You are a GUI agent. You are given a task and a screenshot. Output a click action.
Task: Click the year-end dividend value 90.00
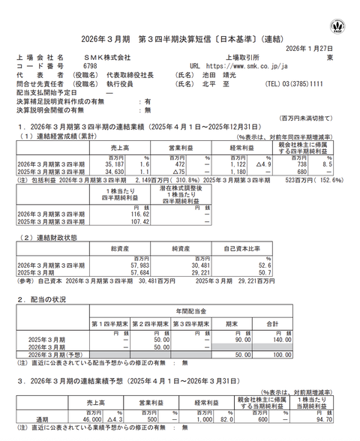click(x=261, y=339)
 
